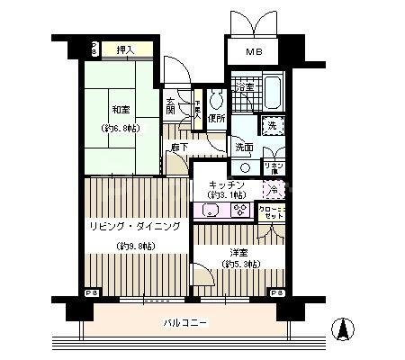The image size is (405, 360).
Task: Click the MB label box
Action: pos(255,53)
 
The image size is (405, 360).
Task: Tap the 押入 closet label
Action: pos(125,50)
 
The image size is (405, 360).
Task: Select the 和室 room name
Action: pos(121,112)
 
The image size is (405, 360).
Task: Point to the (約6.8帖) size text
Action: pos(121,129)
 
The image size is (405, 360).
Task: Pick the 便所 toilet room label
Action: pos(216,118)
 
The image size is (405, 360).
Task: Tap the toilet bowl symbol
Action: pos(216,100)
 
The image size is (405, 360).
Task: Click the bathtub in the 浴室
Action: pos(274,91)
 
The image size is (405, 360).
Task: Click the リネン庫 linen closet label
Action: pos(274,166)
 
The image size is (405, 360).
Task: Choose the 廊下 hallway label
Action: pos(179,147)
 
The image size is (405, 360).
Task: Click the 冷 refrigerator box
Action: pos(274,190)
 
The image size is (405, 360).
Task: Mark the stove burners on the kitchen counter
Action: pos(239,211)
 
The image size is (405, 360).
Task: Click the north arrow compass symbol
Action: pos(343,329)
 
